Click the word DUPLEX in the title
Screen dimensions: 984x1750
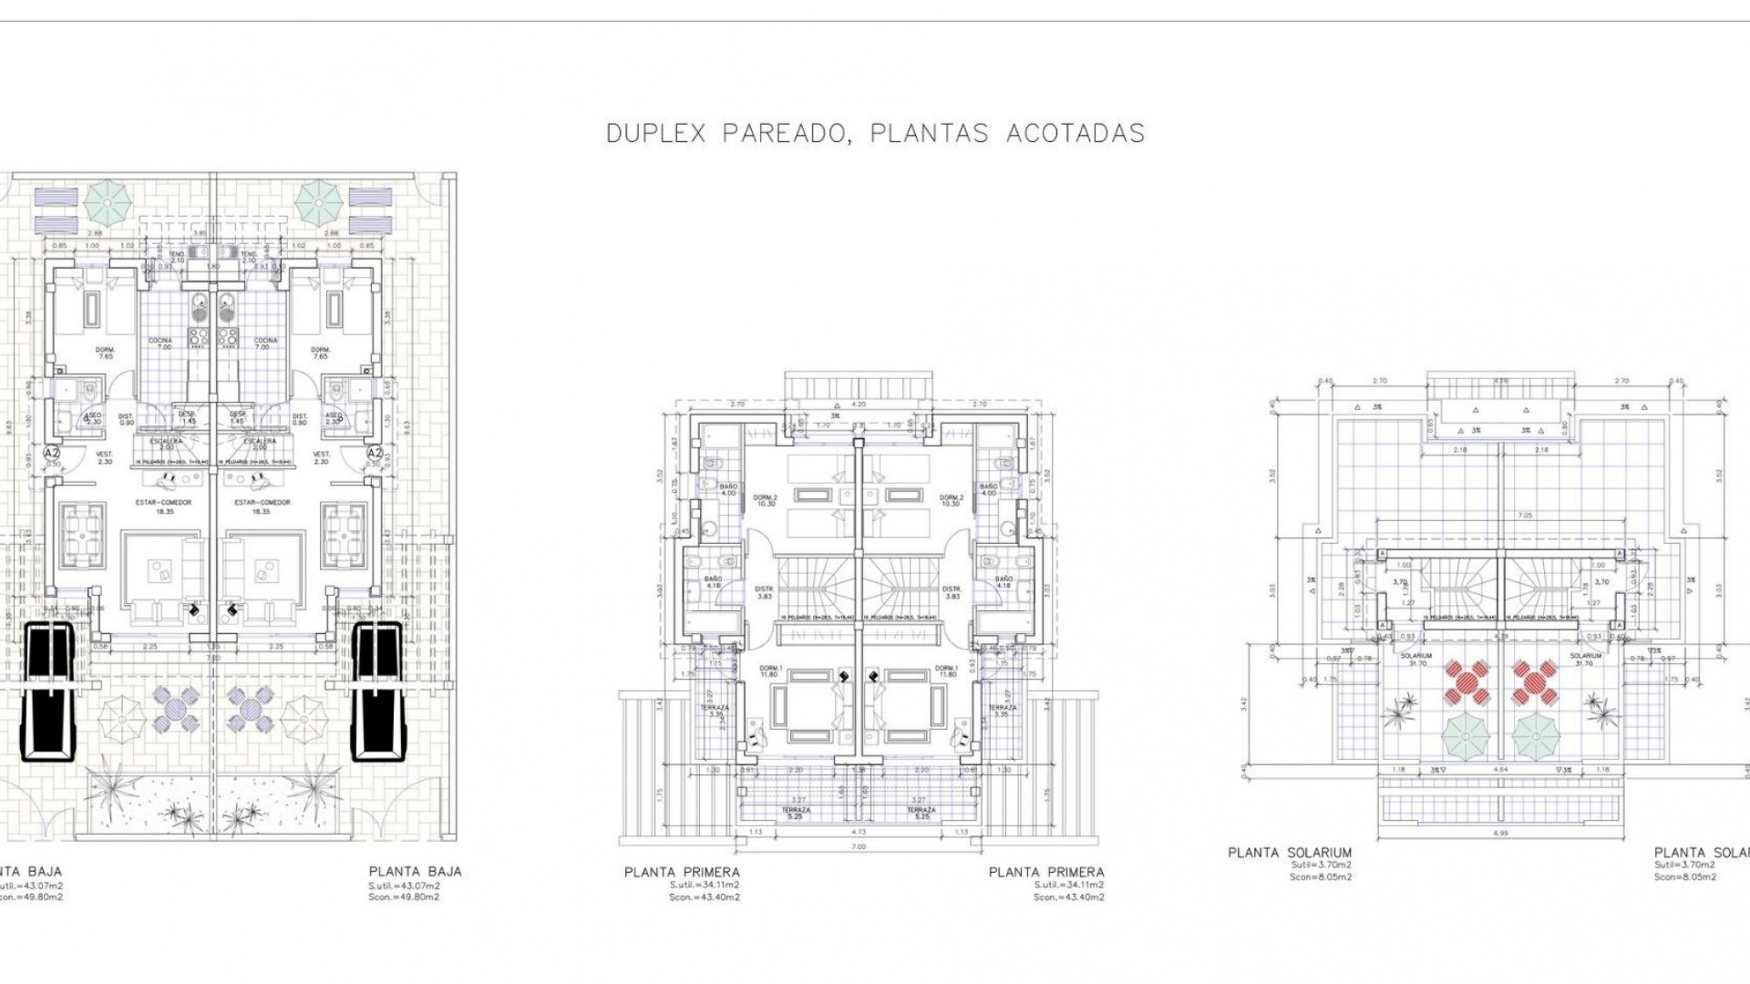(656, 133)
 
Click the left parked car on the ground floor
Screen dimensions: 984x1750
(50, 691)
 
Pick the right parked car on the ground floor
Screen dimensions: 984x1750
(376, 691)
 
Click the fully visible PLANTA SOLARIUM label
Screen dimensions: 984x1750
(1290, 853)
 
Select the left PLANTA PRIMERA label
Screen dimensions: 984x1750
(682, 872)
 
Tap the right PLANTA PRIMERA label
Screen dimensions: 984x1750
(1046, 872)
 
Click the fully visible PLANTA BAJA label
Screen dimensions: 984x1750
(415, 871)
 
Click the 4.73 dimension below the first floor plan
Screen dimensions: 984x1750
(858, 832)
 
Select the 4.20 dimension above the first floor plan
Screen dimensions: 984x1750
(858, 404)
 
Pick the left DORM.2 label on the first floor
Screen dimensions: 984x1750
(764, 497)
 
